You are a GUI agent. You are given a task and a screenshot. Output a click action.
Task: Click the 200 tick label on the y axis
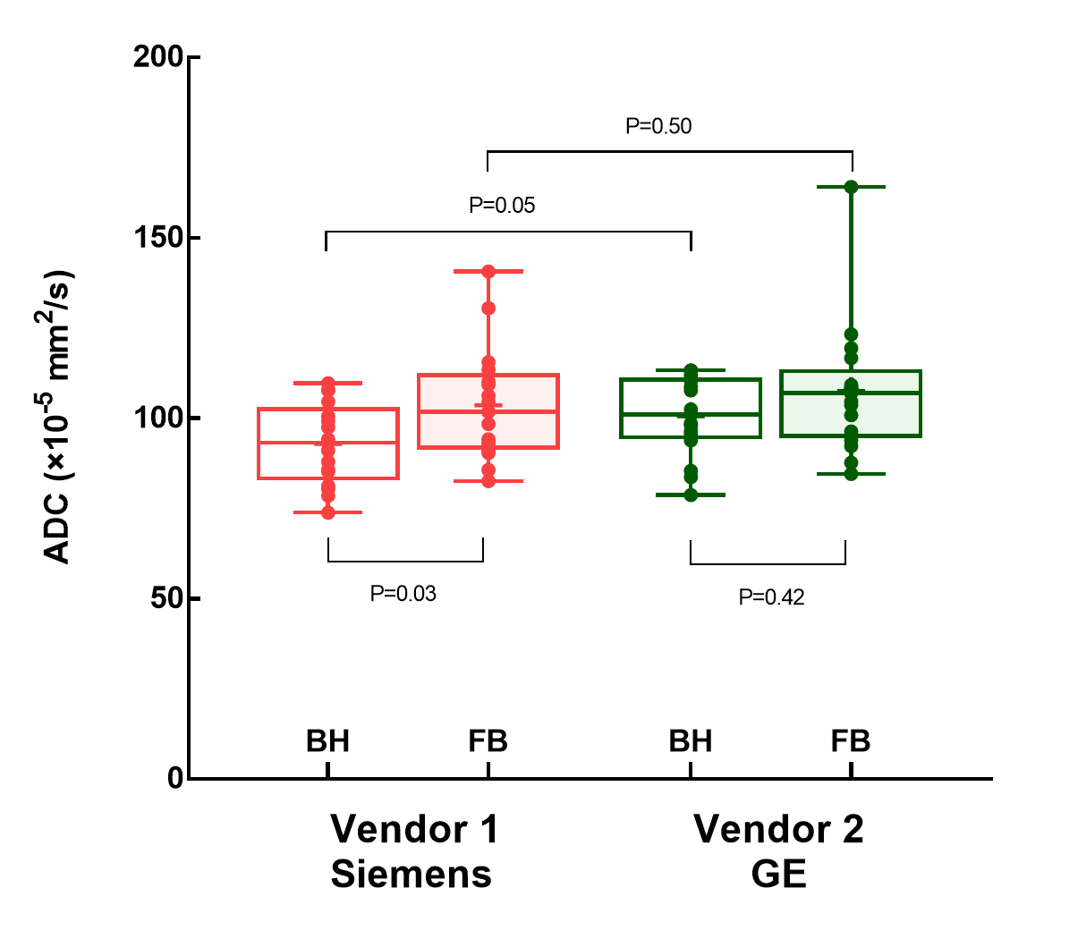[158, 57]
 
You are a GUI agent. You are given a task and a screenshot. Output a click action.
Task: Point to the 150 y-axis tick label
[158, 238]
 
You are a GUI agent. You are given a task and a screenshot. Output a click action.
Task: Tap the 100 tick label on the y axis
[158, 419]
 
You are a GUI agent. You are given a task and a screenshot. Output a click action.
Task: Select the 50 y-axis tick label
[165, 598]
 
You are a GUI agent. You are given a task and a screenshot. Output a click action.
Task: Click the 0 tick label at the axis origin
[175, 778]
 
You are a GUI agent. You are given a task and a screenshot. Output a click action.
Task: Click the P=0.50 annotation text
[658, 126]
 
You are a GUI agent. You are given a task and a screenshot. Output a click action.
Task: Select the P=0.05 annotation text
[502, 206]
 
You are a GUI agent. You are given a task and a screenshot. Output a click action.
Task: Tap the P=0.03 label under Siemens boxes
[403, 594]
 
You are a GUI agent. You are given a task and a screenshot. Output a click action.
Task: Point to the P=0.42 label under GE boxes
[771, 597]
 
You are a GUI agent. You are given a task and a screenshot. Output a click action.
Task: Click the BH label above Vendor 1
[327, 741]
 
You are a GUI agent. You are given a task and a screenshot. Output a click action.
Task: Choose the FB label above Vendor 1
[488, 741]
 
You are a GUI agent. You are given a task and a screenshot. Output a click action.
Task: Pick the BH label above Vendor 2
[691, 741]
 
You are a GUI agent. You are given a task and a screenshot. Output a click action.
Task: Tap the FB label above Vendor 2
[850, 741]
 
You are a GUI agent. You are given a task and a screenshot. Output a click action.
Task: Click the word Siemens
[411, 874]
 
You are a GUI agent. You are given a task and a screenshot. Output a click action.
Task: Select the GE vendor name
[779, 874]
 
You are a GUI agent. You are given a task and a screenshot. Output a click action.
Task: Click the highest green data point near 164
[851, 187]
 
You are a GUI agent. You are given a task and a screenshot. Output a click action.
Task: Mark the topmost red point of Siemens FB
[488, 271]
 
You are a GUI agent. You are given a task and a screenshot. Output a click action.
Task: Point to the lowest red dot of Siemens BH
[328, 512]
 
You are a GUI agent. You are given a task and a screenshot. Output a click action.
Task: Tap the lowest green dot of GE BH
[691, 495]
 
